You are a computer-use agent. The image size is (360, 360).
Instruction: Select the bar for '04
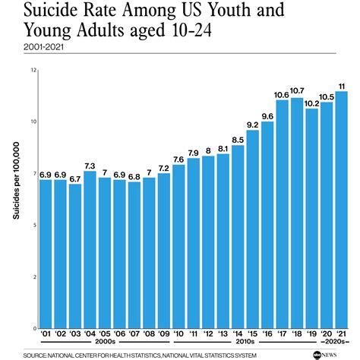coord(90,250)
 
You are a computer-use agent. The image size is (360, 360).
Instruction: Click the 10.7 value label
coord(297,91)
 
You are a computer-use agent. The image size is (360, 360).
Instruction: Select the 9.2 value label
coord(253,125)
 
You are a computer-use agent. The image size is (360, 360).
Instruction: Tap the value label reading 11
coord(342,85)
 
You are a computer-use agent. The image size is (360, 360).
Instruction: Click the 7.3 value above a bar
coord(90,165)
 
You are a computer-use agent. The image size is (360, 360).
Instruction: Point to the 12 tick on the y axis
coord(33,70)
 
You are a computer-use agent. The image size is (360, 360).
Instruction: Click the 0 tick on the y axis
coord(34,329)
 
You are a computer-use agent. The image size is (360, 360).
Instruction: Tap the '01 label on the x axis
coord(45,335)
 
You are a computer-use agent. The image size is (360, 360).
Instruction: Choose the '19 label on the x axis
coord(311,335)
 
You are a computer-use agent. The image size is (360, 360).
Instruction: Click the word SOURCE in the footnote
coord(35,355)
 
